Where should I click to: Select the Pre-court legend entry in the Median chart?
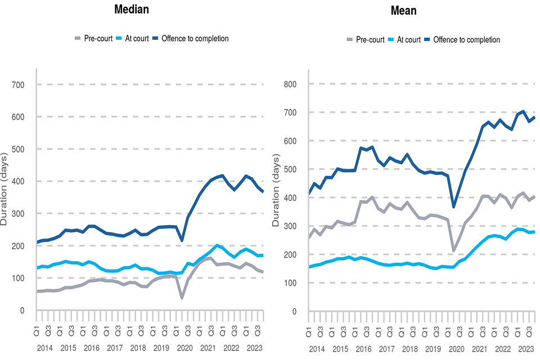pos(93,38)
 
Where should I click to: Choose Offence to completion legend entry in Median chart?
pos(195,38)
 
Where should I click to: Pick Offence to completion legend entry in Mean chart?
pos(466,39)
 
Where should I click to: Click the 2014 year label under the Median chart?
pos(44,348)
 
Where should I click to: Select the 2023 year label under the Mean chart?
pos(526,349)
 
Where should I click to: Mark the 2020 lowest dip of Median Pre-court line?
pos(182,298)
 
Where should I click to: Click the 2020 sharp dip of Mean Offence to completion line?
pos(453,206)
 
